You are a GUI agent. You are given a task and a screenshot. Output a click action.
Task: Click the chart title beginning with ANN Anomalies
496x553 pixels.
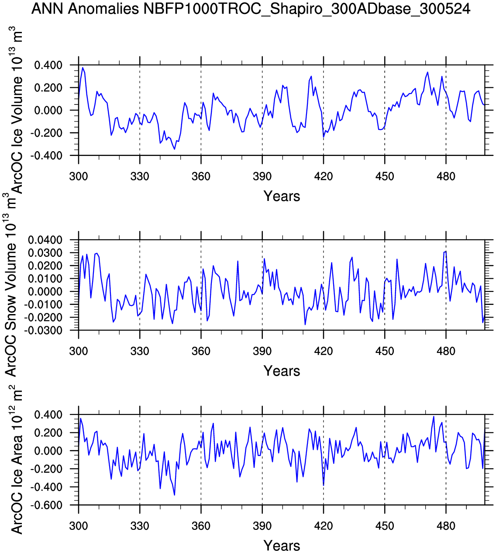251,9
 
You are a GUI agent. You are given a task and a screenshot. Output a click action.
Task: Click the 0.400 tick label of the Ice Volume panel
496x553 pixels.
49,65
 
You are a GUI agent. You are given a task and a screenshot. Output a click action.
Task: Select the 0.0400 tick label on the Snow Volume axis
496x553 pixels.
45,240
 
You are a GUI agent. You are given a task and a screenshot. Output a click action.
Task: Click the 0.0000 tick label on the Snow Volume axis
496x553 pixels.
45,291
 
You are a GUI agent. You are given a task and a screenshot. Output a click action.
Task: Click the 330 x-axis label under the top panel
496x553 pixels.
140,176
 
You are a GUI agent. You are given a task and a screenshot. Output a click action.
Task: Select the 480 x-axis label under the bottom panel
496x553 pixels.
446,526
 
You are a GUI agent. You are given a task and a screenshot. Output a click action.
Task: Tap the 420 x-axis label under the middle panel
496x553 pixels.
323,351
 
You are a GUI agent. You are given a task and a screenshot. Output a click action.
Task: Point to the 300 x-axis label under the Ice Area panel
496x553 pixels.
79,526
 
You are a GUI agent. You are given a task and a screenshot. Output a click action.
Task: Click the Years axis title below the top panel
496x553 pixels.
282,196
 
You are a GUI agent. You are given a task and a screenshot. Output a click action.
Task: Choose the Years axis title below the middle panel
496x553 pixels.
282,371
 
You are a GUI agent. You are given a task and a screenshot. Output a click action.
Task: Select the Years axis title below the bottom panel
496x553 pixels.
282,546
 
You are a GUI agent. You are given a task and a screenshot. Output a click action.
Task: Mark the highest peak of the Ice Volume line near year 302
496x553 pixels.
83,67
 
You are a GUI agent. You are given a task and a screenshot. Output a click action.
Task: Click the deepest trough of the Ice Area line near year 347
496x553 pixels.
175,495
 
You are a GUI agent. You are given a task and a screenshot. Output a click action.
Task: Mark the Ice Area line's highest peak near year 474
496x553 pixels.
434,416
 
